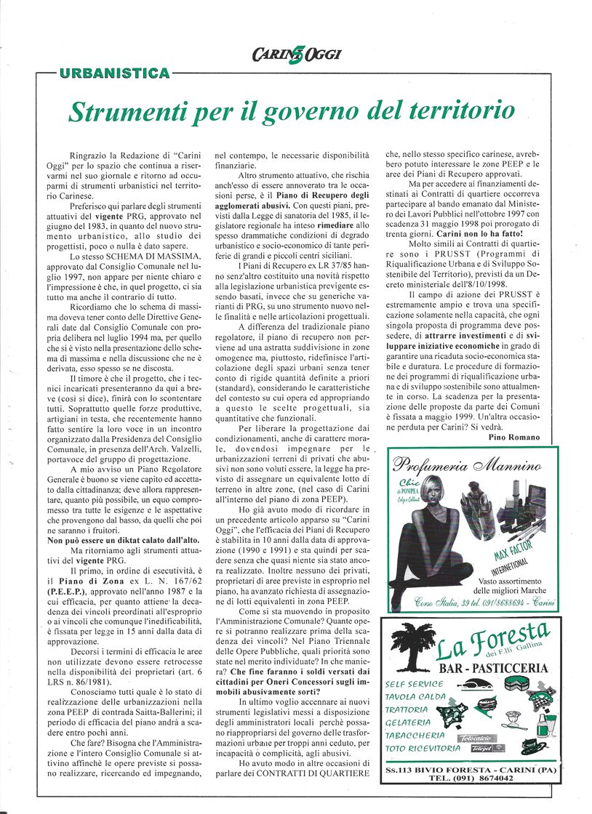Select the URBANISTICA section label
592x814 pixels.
point(115,73)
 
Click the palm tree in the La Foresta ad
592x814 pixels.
point(412,647)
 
